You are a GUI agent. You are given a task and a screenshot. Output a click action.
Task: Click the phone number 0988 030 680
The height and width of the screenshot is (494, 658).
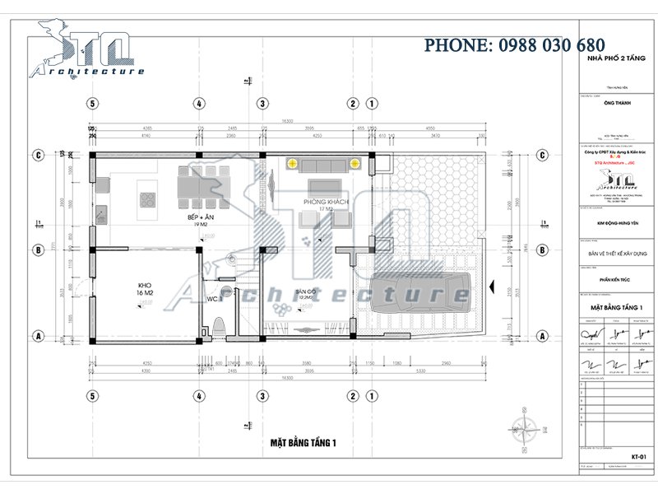click(x=514, y=45)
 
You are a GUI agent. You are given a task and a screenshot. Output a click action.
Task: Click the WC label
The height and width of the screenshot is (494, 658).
click(x=212, y=298)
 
